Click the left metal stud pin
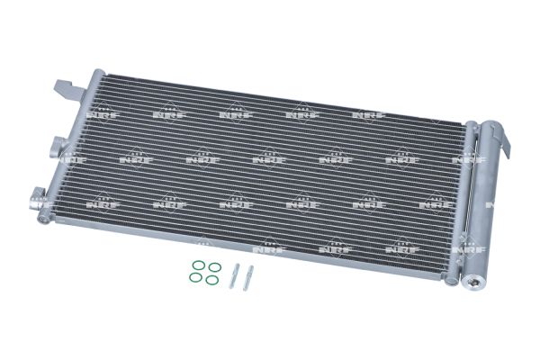[x=233, y=275]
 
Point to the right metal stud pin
[x=248, y=278]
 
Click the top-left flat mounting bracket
[x=69, y=91]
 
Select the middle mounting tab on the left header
[x=58, y=148]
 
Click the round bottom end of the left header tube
[x=43, y=218]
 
